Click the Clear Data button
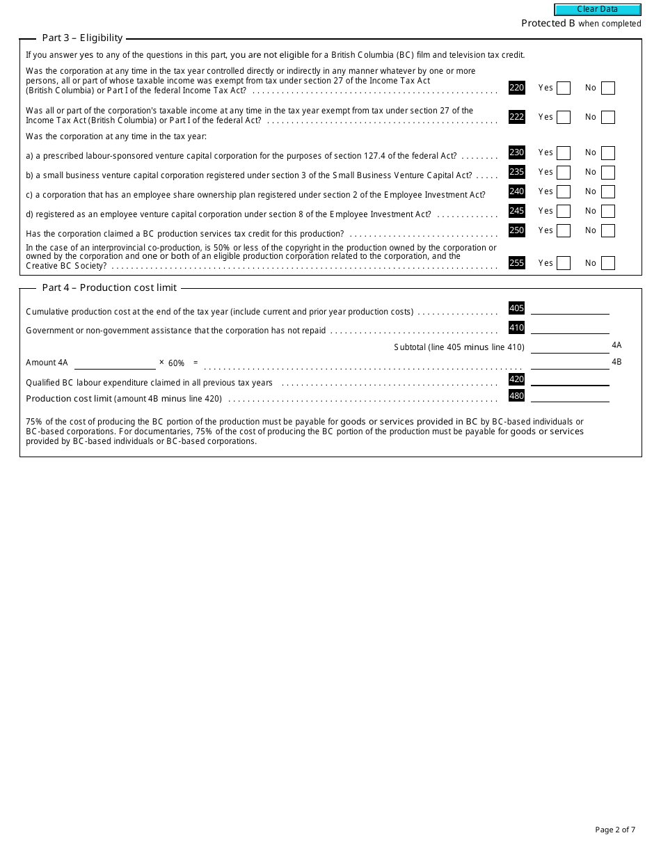pos(598,10)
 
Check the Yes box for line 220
pos(564,88)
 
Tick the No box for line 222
pos(608,118)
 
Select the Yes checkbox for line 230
pos(564,153)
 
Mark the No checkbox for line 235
pos(608,173)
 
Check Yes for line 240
pos(564,192)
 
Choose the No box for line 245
pos(608,212)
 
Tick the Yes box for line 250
pos(564,231)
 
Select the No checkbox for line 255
pos(608,264)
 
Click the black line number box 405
pos(516,308)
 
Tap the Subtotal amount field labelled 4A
pos(570,347)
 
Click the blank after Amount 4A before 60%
pos(115,363)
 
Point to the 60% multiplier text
pos(176,363)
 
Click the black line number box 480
pos(516,396)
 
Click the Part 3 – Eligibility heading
pos(82,38)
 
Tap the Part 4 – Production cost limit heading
pos(109,287)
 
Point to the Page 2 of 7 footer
pos(615,830)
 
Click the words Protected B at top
pos(548,24)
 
